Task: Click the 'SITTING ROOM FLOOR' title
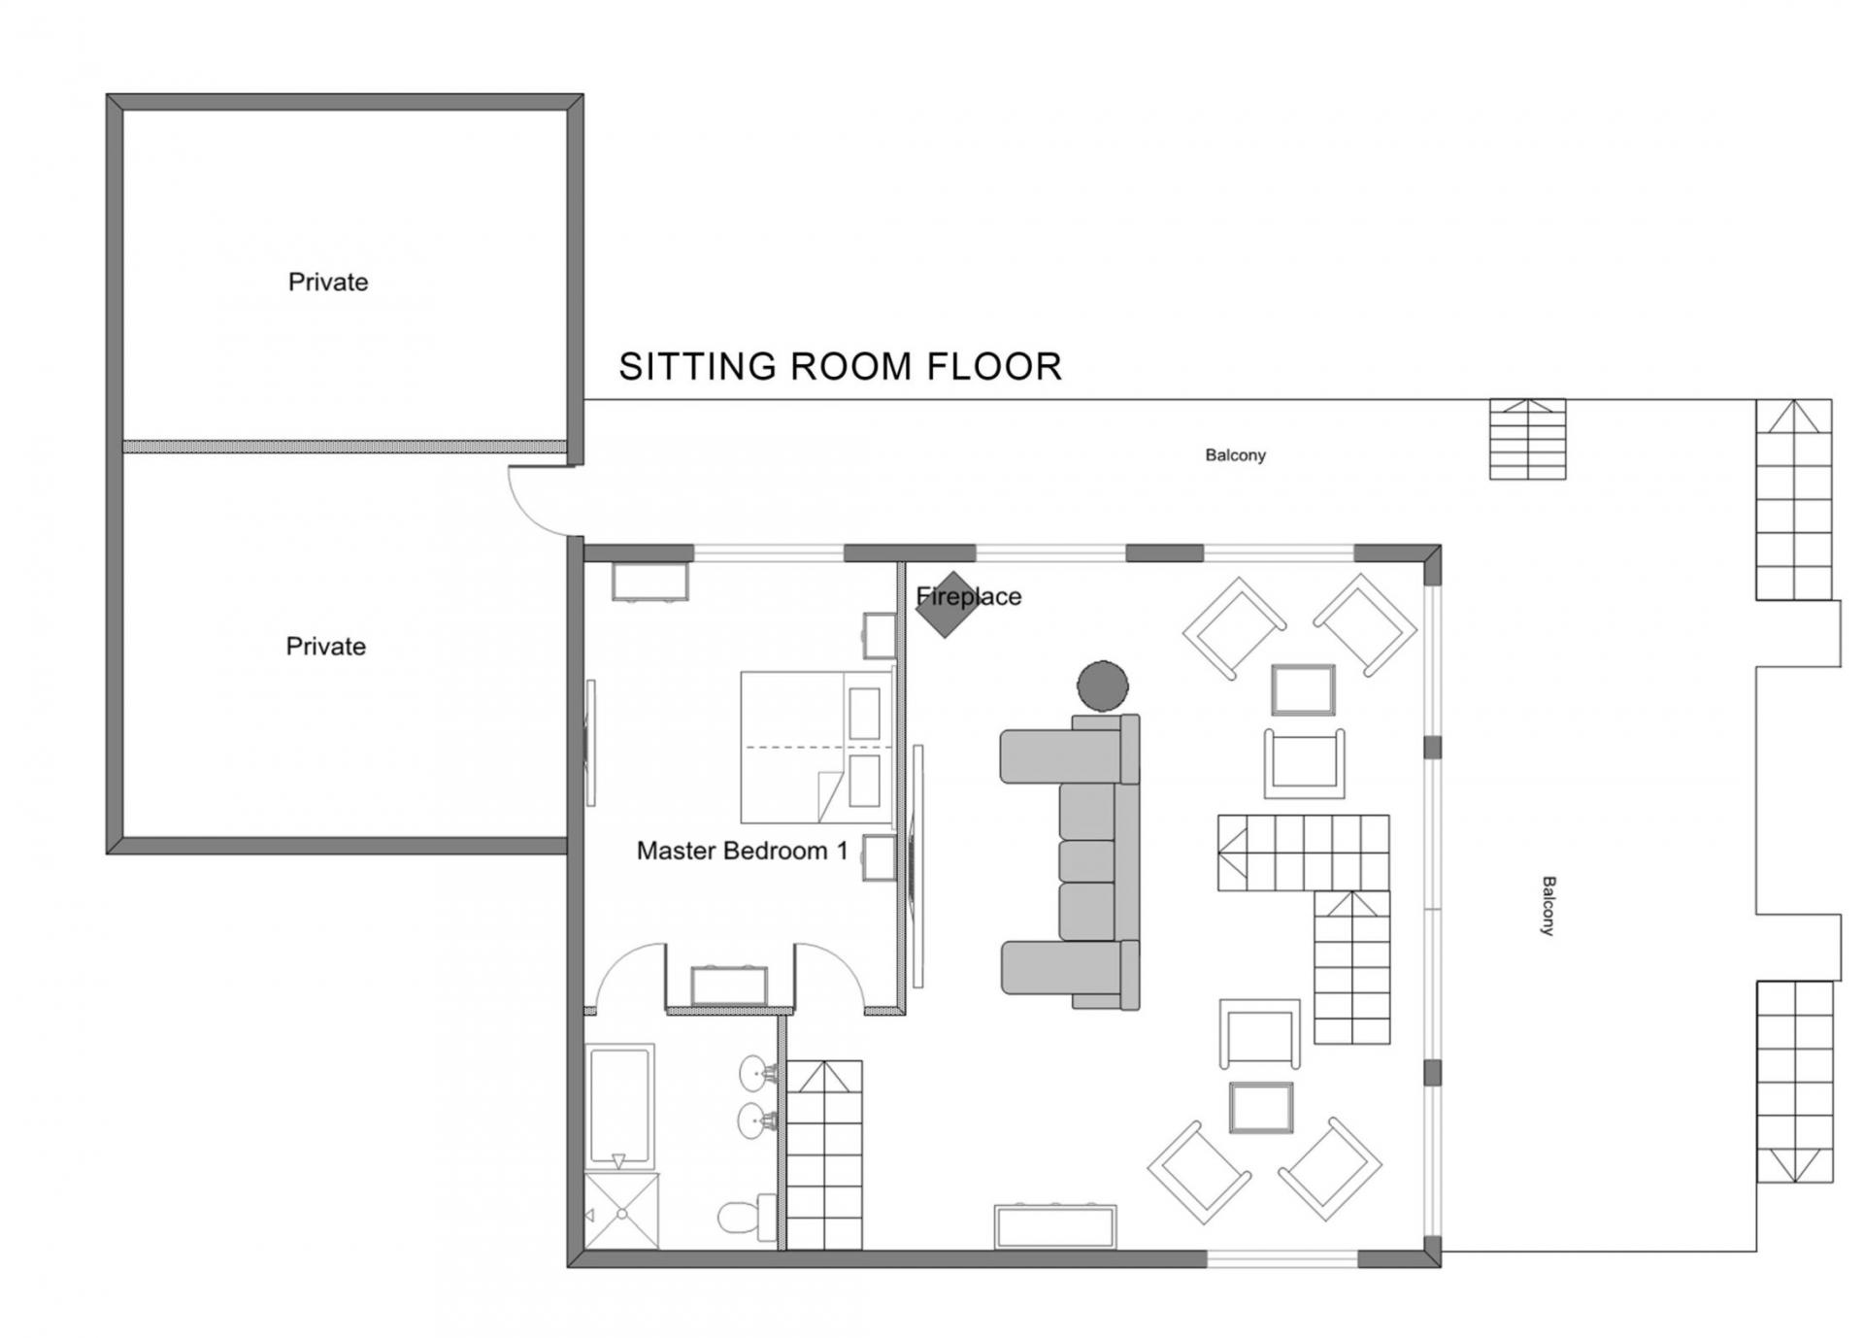840,367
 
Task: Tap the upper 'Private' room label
328,283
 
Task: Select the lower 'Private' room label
326,647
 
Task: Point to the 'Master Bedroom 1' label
743,852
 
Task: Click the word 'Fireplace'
969,596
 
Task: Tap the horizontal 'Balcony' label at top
1236,455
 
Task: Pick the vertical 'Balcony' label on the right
1548,906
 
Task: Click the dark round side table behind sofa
1103,686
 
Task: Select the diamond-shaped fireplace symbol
948,604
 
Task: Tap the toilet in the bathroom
747,1217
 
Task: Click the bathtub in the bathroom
620,1106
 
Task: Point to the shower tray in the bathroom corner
622,1211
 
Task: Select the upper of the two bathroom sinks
757,1074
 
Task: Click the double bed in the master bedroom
816,748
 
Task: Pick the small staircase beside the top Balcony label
1528,439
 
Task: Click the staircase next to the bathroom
824,1154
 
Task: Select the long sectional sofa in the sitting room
1070,862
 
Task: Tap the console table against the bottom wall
1055,1226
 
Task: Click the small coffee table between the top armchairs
1304,689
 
